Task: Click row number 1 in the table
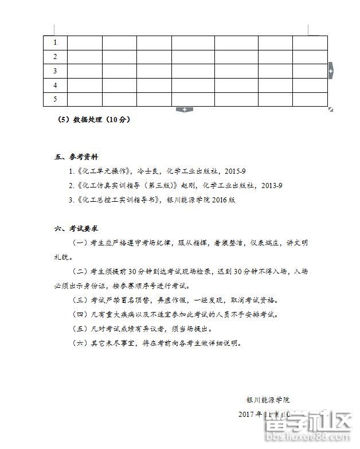55,42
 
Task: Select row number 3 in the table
55,71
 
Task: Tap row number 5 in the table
55,99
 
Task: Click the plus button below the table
185,109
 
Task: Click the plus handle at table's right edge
330,71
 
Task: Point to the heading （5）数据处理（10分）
95,120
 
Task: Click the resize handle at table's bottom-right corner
331,109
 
